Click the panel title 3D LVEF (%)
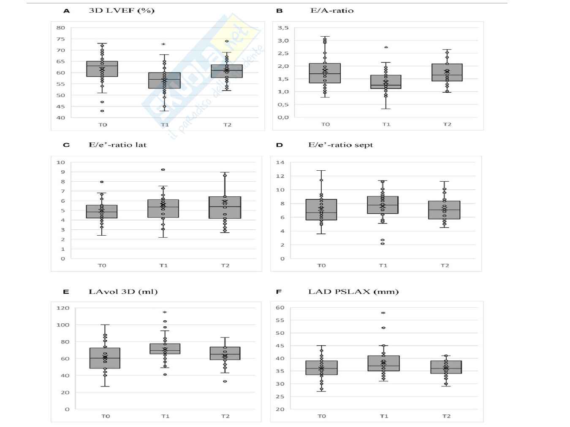pyautogui.click(x=122, y=11)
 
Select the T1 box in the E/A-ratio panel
pyautogui.click(x=385, y=82)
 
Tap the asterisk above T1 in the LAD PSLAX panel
pyautogui.click(x=383, y=313)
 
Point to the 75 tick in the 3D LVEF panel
pyautogui.click(x=61, y=39)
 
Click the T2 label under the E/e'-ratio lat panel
pyautogui.click(x=225, y=266)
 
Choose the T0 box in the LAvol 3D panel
pyautogui.click(x=105, y=358)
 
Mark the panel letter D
pyautogui.click(x=279, y=145)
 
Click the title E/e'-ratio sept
pyautogui.click(x=341, y=145)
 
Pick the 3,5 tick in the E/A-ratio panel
pyautogui.click(x=283, y=28)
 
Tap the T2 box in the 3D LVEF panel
pyautogui.click(x=227, y=71)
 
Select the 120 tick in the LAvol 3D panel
pyautogui.click(x=63, y=308)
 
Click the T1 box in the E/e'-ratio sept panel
pyautogui.click(x=383, y=205)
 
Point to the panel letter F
pyautogui.click(x=279, y=292)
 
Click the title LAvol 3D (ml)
pyautogui.click(x=123, y=292)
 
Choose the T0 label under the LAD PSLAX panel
pyautogui.click(x=321, y=416)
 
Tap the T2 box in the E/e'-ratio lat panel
pyautogui.click(x=225, y=207)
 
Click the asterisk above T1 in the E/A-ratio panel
pyautogui.click(x=386, y=48)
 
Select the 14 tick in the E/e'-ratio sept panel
pyautogui.click(x=280, y=162)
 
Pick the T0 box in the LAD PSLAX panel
pyautogui.click(x=321, y=368)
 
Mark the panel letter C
pyautogui.click(x=66, y=145)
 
